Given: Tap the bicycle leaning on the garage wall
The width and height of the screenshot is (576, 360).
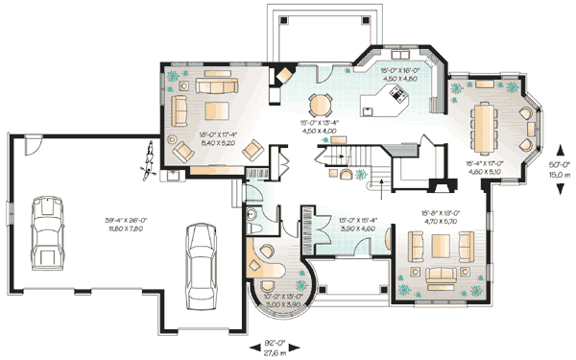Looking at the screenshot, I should [149, 159].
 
